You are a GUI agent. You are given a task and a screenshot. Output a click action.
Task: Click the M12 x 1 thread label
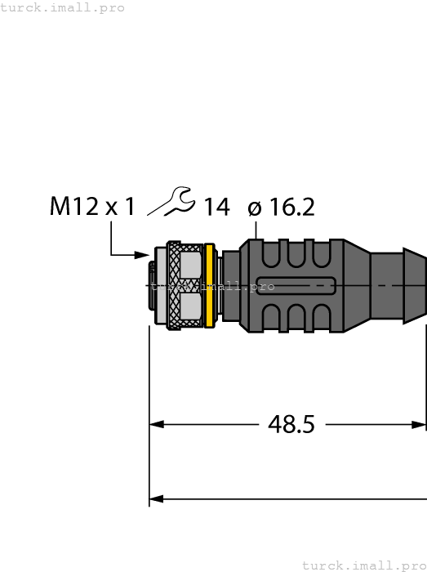(x=92, y=207)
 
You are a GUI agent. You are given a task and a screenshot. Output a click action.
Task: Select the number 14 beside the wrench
(x=216, y=208)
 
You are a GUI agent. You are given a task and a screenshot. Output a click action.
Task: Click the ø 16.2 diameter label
(x=281, y=208)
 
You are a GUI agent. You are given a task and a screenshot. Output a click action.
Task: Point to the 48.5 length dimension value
(x=291, y=424)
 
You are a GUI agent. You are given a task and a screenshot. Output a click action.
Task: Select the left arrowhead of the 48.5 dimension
(x=157, y=424)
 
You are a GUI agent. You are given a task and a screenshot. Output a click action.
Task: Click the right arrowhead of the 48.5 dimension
(x=419, y=424)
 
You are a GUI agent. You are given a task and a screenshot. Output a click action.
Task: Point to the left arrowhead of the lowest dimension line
(x=157, y=498)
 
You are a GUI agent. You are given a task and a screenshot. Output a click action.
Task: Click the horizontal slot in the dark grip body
(x=296, y=286)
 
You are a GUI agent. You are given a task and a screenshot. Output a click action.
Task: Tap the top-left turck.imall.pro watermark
(x=63, y=7)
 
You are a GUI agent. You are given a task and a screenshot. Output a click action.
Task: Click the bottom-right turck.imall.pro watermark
(x=363, y=565)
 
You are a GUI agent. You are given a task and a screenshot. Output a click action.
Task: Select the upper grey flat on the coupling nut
(x=190, y=264)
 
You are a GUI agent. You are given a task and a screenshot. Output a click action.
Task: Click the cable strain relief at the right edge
(x=399, y=285)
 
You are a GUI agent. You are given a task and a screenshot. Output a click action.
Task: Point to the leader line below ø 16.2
(x=257, y=230)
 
